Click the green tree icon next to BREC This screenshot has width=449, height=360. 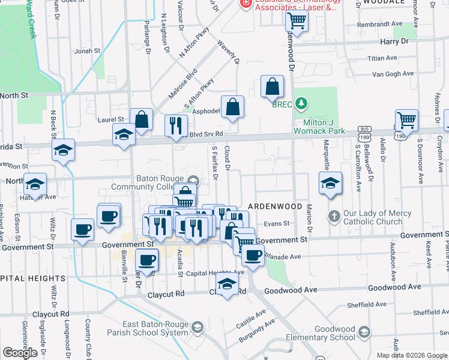pos(301,104)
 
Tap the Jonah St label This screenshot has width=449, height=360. pos(87,51)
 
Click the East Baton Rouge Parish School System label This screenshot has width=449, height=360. pos(147,328)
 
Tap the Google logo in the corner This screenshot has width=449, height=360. pos(20,352)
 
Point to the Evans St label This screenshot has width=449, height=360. pos(277,223)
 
